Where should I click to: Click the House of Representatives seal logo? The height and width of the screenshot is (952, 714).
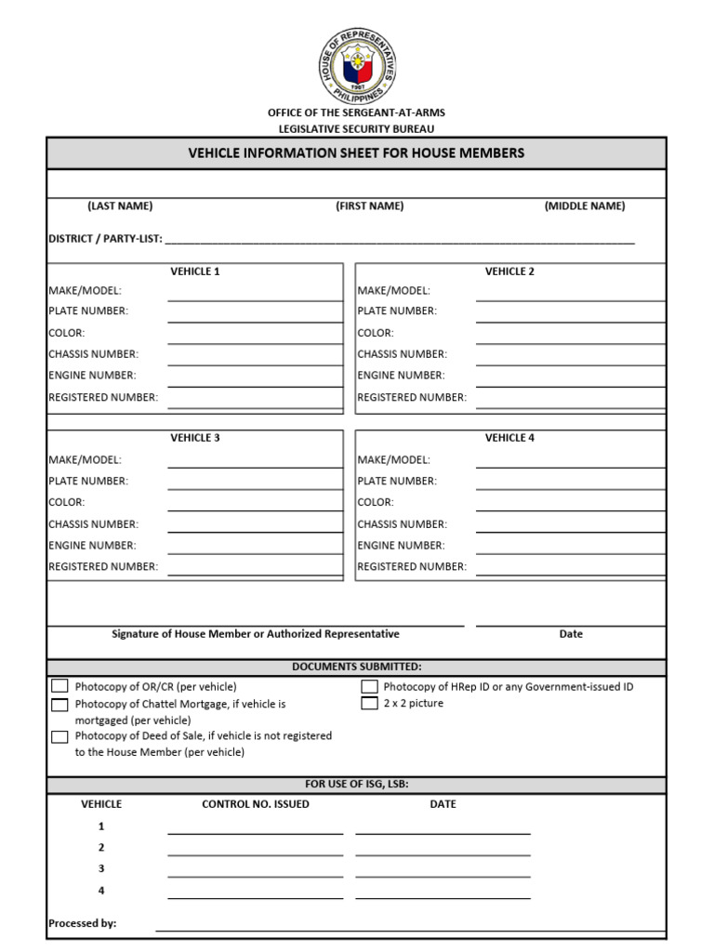point(357,64)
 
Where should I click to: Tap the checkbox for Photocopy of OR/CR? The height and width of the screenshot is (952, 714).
point(59,686)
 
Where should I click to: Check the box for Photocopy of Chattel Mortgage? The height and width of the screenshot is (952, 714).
point(59,705)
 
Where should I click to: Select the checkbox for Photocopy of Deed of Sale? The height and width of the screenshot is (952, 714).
point(59,736)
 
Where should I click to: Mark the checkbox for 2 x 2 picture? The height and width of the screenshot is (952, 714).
point(369,704)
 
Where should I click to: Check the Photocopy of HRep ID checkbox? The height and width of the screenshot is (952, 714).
point(369,687)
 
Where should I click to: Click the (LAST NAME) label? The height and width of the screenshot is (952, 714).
point(120,206)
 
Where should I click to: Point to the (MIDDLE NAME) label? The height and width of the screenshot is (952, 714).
point(585,206)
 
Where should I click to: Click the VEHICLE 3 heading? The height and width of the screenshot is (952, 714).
point(195,438)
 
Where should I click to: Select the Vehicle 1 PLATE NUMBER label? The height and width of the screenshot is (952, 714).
point(88,311)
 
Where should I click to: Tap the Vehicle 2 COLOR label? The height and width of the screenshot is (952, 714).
point(376,333)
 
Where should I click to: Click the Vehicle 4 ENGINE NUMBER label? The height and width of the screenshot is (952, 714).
point(402,546)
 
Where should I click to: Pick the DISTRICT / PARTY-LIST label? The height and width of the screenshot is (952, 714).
point(105,239)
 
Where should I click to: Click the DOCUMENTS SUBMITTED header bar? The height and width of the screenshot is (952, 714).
point(357,668)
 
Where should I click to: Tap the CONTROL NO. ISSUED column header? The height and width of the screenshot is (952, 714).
point(256,804)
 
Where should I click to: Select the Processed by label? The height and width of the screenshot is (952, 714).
point(83,924)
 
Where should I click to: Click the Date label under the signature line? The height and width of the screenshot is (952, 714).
point(571,634)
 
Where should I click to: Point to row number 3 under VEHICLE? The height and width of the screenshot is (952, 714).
point(101,868)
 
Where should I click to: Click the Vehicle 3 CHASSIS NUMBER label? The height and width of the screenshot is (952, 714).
point(93,524)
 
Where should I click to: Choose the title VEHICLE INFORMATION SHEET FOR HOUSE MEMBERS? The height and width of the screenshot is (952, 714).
point(357,153)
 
